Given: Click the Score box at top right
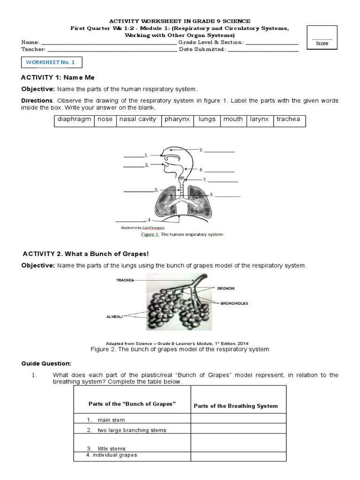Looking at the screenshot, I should (322, 38).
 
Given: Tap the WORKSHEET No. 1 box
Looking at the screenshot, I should (53, 62).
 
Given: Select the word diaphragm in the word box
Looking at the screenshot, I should (74, 120).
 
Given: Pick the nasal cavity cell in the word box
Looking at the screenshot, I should (137, 120).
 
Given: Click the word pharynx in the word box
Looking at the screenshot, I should (177, 120).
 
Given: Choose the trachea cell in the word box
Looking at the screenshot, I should (288, 120).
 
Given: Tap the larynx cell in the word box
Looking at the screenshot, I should (259, 120).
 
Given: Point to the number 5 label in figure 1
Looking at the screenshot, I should (201, 150).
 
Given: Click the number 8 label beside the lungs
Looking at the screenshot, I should (211, 194).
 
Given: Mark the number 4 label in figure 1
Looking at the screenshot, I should (149, 219).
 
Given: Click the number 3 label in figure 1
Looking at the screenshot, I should (155, 190).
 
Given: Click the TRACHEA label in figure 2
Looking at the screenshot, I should (125, 280).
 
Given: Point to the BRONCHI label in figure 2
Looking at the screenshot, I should (225, 289).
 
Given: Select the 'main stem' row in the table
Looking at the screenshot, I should (111, 420).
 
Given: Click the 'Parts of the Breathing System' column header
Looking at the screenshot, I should (235, 406).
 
